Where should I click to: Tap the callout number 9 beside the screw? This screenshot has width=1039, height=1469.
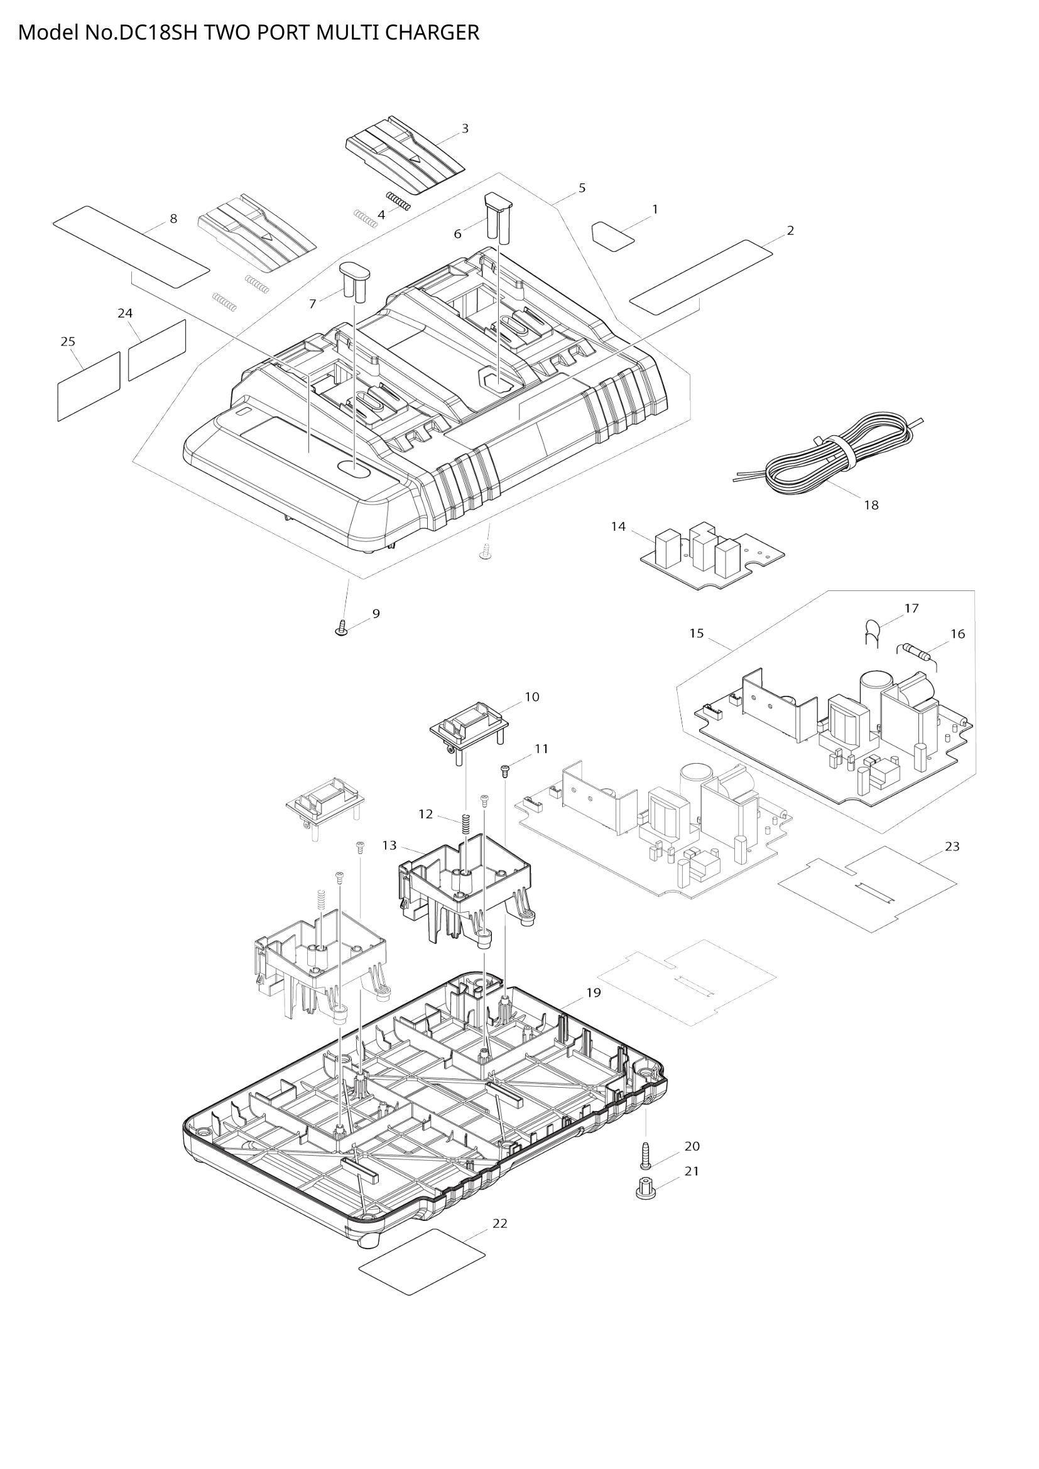(376, 614)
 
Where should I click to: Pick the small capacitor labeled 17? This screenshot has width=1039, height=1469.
(871, 630)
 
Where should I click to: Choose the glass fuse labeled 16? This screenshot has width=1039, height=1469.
(915, 653)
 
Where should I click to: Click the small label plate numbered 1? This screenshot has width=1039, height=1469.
(612, 236)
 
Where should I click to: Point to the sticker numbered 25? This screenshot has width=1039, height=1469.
(89, 386)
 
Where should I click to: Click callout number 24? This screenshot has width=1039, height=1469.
(126, 313)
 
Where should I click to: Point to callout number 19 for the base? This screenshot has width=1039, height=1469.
(593, 992)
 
